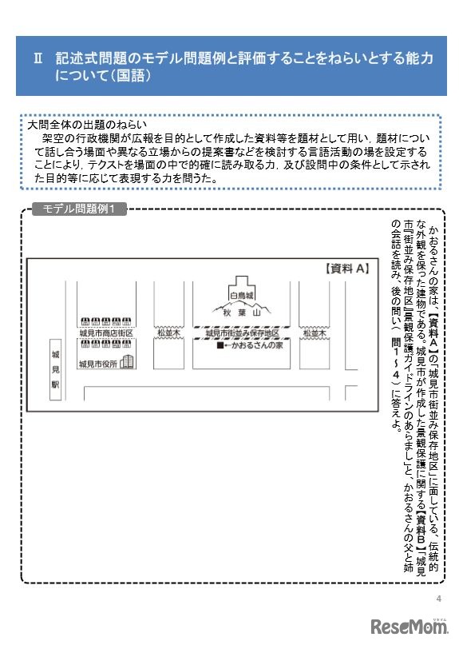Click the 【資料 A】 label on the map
(x=346, y=269)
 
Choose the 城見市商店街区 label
(x=105, y=332)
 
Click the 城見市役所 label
(x=98, y=364)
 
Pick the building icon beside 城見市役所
(x=127, y=363)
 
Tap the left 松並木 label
(x=168, y=332)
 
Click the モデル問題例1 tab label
(x=79, y=209)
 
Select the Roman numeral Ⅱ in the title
(x=38, y=59)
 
